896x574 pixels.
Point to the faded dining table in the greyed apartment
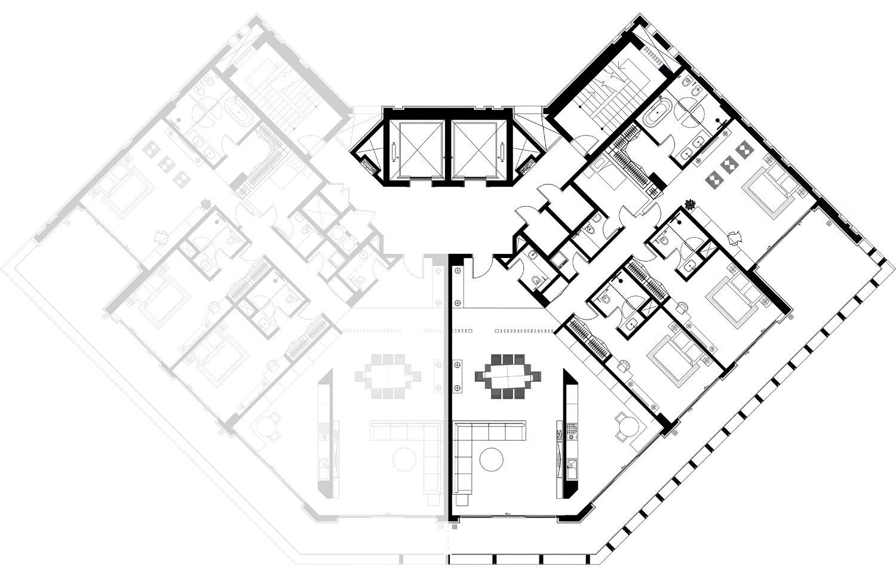tap(388, 376)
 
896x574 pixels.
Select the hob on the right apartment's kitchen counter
tap(570, 431)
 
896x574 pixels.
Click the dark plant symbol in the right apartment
tap(691, 204)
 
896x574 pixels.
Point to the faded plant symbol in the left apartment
tap(206, 204)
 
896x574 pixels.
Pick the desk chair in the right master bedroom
tap(735, 237)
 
